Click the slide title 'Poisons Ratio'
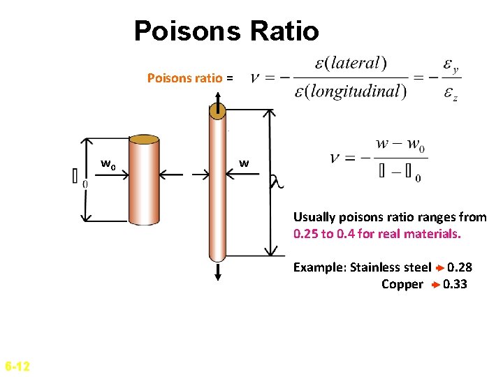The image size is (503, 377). [x=226, y=31]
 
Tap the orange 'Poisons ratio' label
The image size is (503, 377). [x=185, y=78]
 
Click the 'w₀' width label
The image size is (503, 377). [x=108, y=164]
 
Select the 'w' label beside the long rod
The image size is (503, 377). [x=244, y=163]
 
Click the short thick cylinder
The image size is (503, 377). [x=144, y=182]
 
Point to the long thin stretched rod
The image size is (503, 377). [x=218, y=188]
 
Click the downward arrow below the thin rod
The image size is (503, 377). [x=218, y=272]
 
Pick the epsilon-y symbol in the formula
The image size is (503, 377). [x=451, y=67]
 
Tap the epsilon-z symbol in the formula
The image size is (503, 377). [x=451, y=94]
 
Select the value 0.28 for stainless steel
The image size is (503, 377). [x=460, y=267]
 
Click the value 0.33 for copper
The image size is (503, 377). [x=455, y=284]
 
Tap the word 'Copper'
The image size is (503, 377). [x=402, y=284]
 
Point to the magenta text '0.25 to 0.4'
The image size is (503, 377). [x=325, y=234]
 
